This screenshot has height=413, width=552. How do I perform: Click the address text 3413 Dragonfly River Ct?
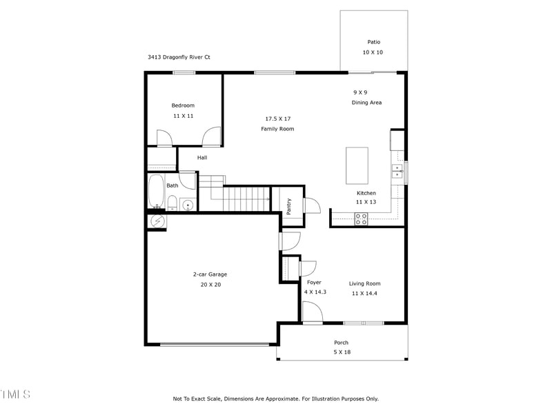tap(179, 57)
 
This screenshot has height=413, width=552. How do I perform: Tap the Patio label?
tap(373, 41)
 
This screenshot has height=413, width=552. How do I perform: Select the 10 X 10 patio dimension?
tap(373, 52)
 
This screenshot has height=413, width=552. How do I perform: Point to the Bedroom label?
tap(183, 105)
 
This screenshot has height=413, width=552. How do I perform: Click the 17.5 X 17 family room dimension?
tap(278, 119)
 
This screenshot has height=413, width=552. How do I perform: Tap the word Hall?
tap(202, 157)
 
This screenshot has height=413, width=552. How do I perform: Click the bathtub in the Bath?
tap(155, 191)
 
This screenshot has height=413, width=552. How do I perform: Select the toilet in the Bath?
tap(172, 203)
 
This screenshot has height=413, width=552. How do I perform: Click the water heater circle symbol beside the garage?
tap(157, 221)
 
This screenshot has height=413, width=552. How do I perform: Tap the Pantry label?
tap(288, 205)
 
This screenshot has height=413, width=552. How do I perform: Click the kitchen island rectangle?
tap(357, 165)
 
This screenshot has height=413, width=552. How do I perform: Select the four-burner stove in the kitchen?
tap(361, 219)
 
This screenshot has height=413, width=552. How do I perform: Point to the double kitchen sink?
tap(397, 171)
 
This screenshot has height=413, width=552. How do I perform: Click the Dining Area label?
tap(366, 103)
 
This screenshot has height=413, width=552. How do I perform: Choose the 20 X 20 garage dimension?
tap(210, 284)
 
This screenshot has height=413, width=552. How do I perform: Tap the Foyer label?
tap(314, 283)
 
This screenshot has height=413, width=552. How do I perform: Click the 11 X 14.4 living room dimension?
tap(364, 293)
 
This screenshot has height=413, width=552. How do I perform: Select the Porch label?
tap(341, 343)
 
